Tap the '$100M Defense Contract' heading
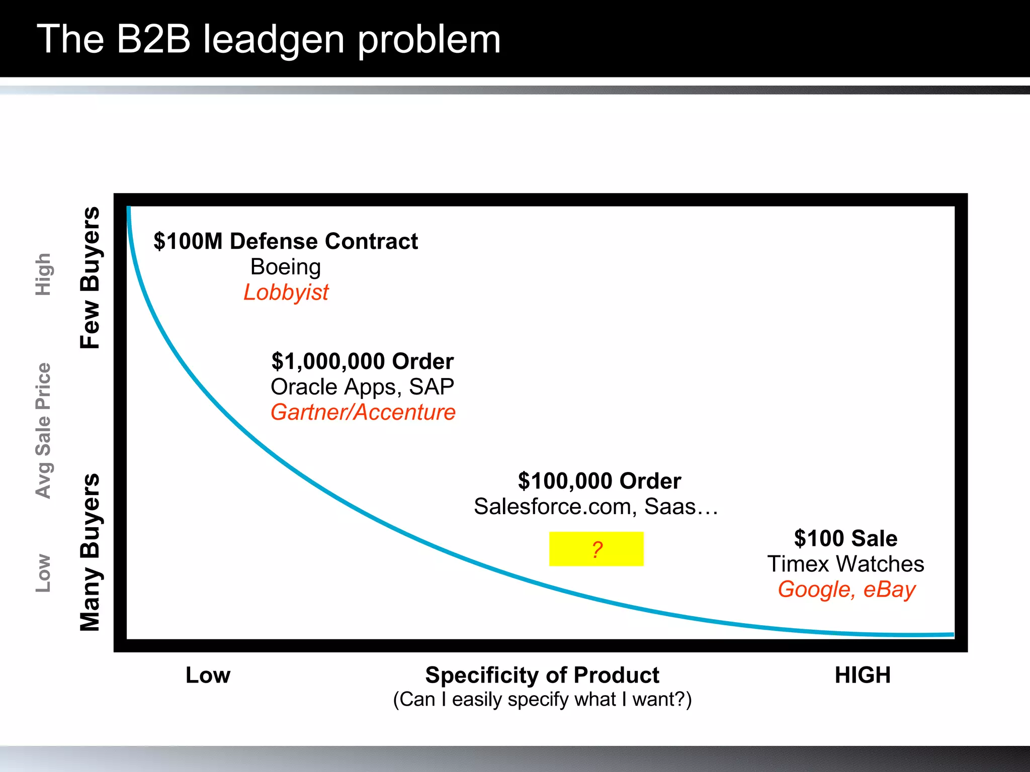click(x=286, y=241)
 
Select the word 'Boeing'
click(x=285, y=267)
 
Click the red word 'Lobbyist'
click(x=286, y=293)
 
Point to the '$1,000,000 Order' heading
click(x=362, y=361)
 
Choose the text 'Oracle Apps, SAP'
click(x=362, y=387)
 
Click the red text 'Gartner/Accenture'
click(x=363, y=413)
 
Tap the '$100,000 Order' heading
click(x=599, y=481)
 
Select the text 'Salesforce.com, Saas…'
click(x=596, y=507)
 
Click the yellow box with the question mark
click(x=596, y=549)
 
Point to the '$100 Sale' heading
click(x=845, y=538)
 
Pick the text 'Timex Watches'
click(x=845, y=564)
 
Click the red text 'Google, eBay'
click(x=846, y=590)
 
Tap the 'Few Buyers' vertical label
click(x=91, y=277)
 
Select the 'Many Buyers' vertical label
click(x=91, y=552)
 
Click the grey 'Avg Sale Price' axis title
click(x=43, y=431)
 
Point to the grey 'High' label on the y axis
click(x=43, y=274)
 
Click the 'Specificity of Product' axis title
click(x=542, y=675)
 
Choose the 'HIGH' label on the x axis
click(x=863, y=675)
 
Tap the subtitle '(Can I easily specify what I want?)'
click(x=542, y=699)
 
